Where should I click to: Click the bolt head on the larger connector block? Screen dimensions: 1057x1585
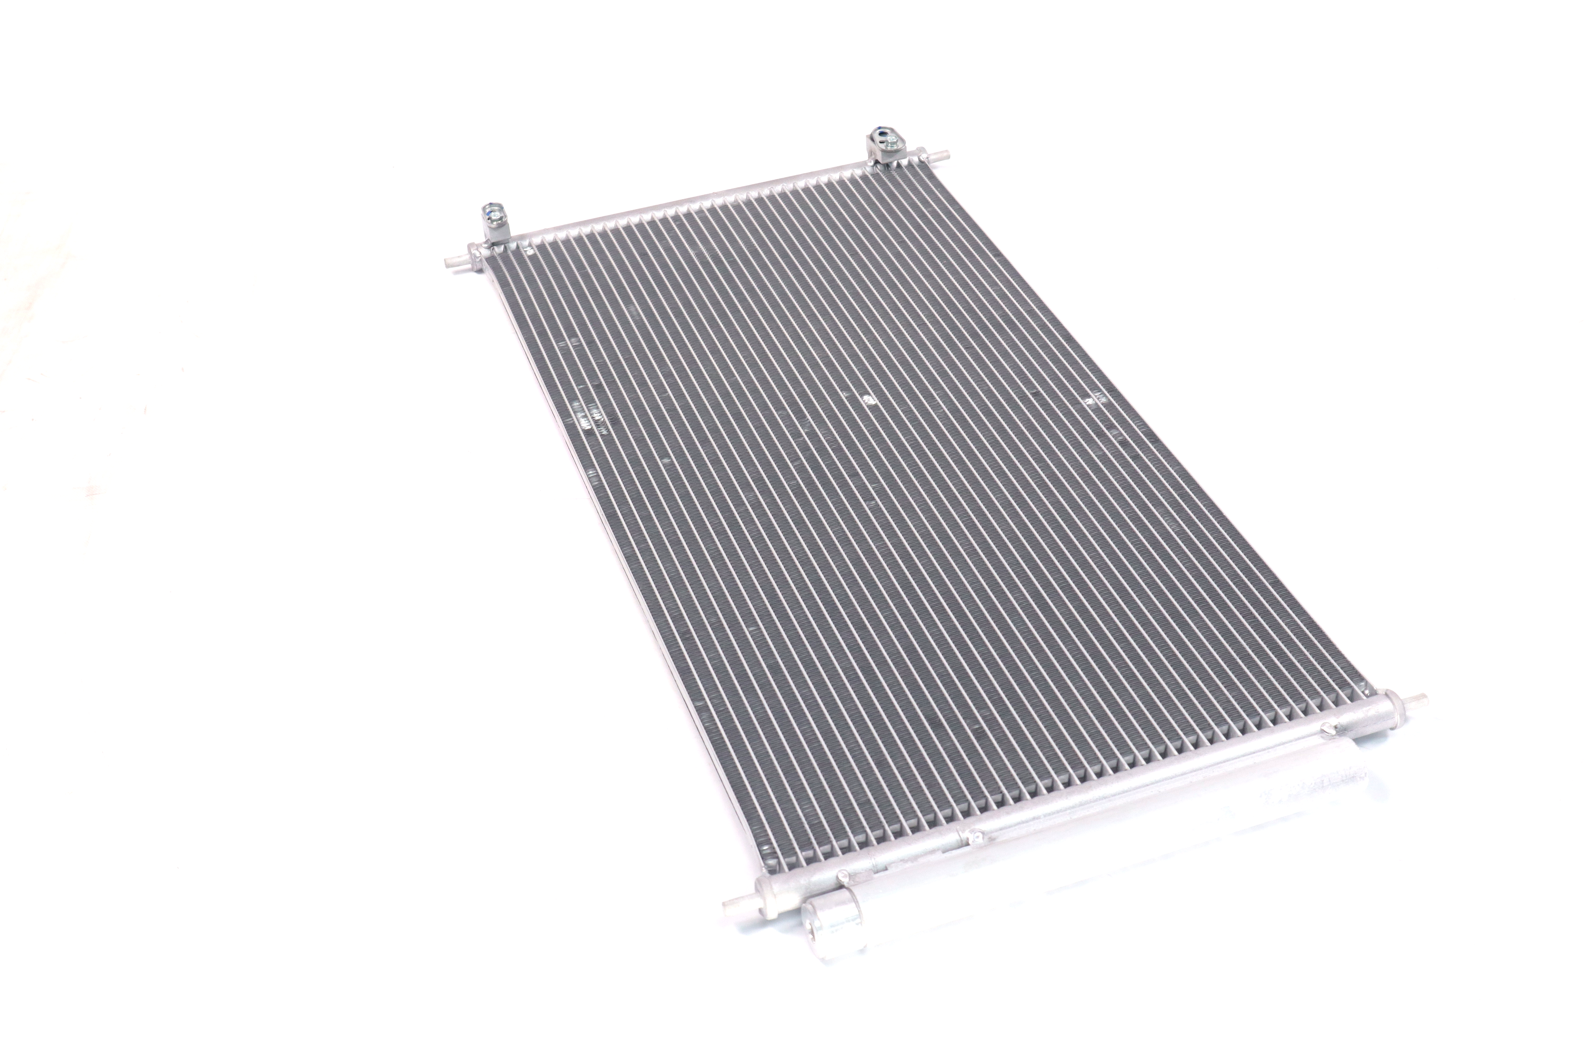click(x=893, y=142)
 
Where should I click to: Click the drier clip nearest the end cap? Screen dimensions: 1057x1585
click(x=842, y=876)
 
